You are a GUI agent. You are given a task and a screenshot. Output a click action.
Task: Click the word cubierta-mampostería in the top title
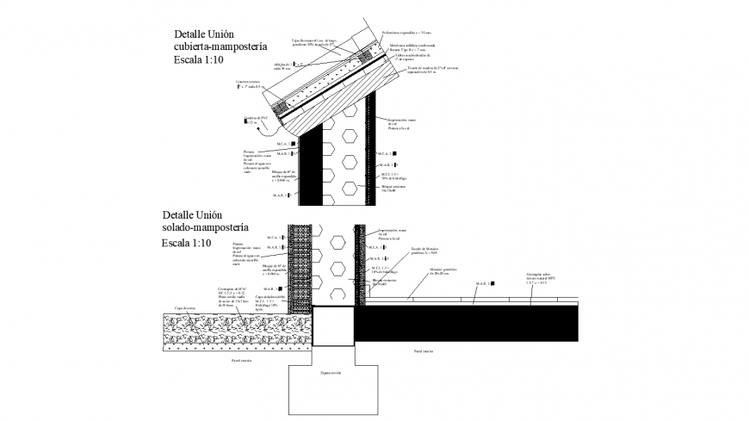point(221,47)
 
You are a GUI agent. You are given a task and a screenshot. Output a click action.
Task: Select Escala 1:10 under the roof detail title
point(198,61)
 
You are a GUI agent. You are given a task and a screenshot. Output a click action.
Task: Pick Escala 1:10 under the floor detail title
point(186,244)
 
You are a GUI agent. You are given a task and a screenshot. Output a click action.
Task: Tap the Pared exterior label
point(241,362)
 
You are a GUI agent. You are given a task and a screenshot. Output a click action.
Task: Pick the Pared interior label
point(424,351)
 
